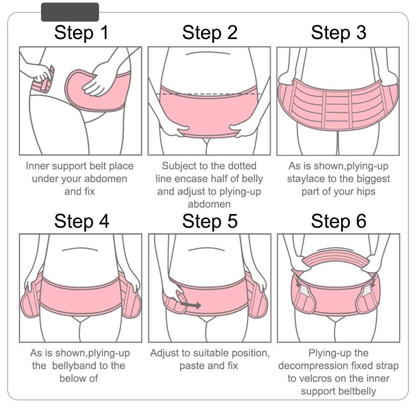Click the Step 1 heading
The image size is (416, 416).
click(81, 33)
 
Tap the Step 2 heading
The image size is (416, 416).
click(209, 33)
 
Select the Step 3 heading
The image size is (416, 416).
click(339, 33)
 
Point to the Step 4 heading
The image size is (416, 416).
click(81, 221)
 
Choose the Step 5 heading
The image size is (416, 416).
click(209, 221)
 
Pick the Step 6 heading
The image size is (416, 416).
click(339, 221)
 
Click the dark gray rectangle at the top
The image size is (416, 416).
click(70, 12)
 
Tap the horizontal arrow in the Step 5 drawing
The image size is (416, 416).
click(190, 305)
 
